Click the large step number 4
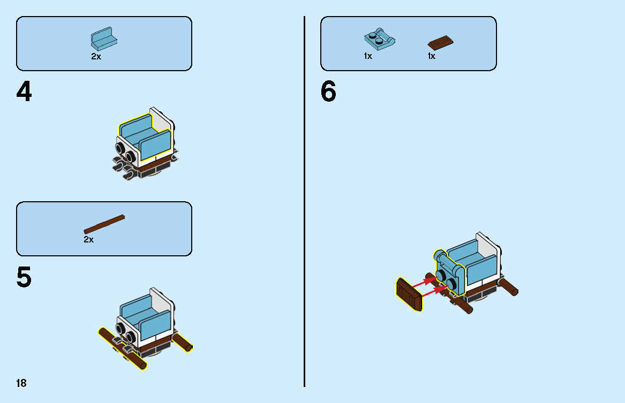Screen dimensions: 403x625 pyautogui.click(x=24, y=93)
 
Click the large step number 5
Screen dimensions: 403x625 pyautogui.click(x=24, y=278)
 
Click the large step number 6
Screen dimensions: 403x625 pyautogui.click(x=328, y=93)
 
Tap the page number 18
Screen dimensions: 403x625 pyautogui.click(x=21, y=383)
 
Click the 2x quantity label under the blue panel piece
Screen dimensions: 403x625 pyautogui.click(x=96, y=56)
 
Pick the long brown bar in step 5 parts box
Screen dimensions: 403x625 pyautogui.click(x=104, y=224)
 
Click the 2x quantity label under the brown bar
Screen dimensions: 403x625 pyautogui.click(x=89, y=240)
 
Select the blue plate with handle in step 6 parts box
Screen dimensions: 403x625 pyautogui.click(x=379, y=40)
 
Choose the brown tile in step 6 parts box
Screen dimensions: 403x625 pyautogui.click(x=441, y=42)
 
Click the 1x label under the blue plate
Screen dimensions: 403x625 pyautogui.click(x=368, y=56)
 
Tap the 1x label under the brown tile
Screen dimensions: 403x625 pyautogui.click(x=431, y=56)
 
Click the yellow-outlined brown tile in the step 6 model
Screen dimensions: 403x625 pyautogui.click(x=409, y=294)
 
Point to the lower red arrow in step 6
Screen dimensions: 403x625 pyautogui.click(x=435, y=292)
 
